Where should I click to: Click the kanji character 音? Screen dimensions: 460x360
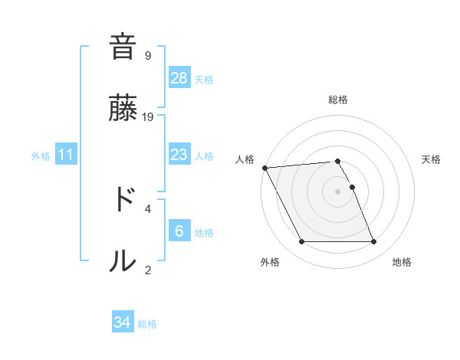click(123, 47)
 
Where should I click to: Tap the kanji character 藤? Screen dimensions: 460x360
click(123, 110)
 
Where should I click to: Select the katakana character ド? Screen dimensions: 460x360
click(123, 200)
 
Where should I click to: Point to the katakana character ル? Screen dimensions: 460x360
click(123, 261)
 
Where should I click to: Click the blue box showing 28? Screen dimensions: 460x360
click(179, 78)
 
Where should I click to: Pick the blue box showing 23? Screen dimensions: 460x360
click(179, 155)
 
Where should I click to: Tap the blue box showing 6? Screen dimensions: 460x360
click(179, 232)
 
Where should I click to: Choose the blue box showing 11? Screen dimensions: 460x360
click(66, 155)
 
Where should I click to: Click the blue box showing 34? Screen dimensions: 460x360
click(122, 322)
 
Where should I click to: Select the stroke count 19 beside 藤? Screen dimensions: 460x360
click(149, 116)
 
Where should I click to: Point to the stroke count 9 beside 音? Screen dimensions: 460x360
click(148, 55)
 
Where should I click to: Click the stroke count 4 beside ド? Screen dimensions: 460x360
click(148, 208)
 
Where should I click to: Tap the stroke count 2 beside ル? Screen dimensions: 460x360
click(148, 269)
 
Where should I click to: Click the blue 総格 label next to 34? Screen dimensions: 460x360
click(147, 323)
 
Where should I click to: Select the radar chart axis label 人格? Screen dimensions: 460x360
click(246, 159)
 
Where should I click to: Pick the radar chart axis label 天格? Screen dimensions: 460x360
click(431, 159)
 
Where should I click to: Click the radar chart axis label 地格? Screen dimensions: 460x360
click(402, 262)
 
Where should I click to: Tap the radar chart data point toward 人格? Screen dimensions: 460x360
click(265, 168)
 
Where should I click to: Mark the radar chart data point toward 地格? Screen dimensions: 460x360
click(374, 242)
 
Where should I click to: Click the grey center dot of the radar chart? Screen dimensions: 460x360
click(338, 191)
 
